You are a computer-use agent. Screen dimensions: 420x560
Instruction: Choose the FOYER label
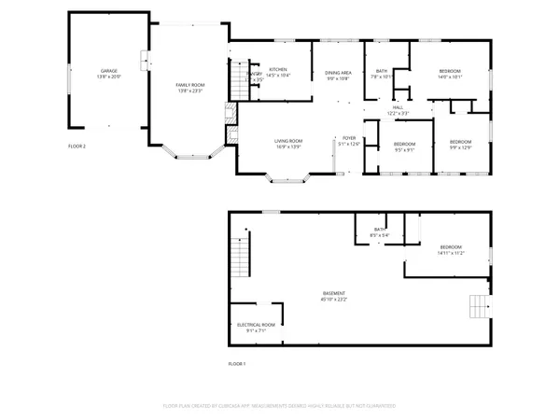347,140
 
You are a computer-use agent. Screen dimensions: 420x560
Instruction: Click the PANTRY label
254,76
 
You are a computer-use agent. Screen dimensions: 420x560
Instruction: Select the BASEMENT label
334,296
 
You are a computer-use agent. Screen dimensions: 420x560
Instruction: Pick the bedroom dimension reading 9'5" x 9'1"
405,148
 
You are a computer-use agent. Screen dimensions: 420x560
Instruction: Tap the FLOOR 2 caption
77,147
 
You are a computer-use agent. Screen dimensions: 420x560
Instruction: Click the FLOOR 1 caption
237,363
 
